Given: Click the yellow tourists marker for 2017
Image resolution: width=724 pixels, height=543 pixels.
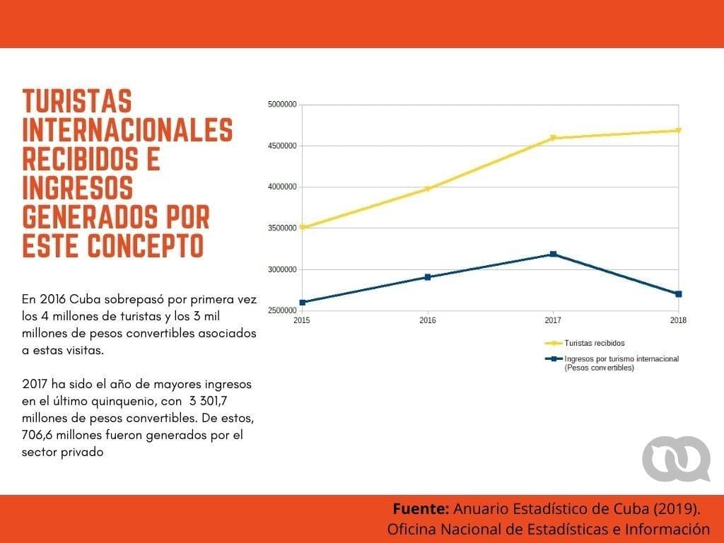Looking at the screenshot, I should pyautogui.click(x=553, y=138).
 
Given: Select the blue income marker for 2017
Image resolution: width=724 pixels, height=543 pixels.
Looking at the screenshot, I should pyautogui.click(x=553, y=254).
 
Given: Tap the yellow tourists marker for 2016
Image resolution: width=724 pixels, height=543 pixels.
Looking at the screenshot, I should pyautogui.click(x=428, y=189).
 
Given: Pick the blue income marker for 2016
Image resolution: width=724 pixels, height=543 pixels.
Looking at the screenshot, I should pyautogui.click(x=428, y=277).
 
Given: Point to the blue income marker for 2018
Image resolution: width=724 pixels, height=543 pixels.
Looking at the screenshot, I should pyautogui.click(x=678, y=293).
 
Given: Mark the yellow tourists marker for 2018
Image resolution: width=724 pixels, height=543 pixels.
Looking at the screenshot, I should pyautogui.click(x=678, y=130).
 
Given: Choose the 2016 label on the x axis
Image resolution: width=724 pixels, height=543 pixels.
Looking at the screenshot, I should pyautogui.click(x=428, y=320).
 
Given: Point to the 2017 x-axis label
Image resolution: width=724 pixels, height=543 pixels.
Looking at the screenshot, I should pyautogui.click(x=553, y=320).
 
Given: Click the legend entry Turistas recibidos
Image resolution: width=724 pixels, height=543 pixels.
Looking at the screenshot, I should pyautogui.click(x=594, y=343).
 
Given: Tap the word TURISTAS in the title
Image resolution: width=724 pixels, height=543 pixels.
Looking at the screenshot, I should pyautogui.click(x=77, y=102).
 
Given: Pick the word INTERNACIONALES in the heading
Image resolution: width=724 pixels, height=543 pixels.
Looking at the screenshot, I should pyautogui.click(x=127, y=130).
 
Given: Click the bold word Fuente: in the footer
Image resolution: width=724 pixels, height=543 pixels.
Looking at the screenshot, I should pyautogui.click(x=420, y=508).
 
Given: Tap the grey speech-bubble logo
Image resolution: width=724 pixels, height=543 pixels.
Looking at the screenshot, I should pyautogui.click(x=676, y=459).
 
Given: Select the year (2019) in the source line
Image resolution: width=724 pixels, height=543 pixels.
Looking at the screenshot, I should pyautogui.click(x=677, y=508).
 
